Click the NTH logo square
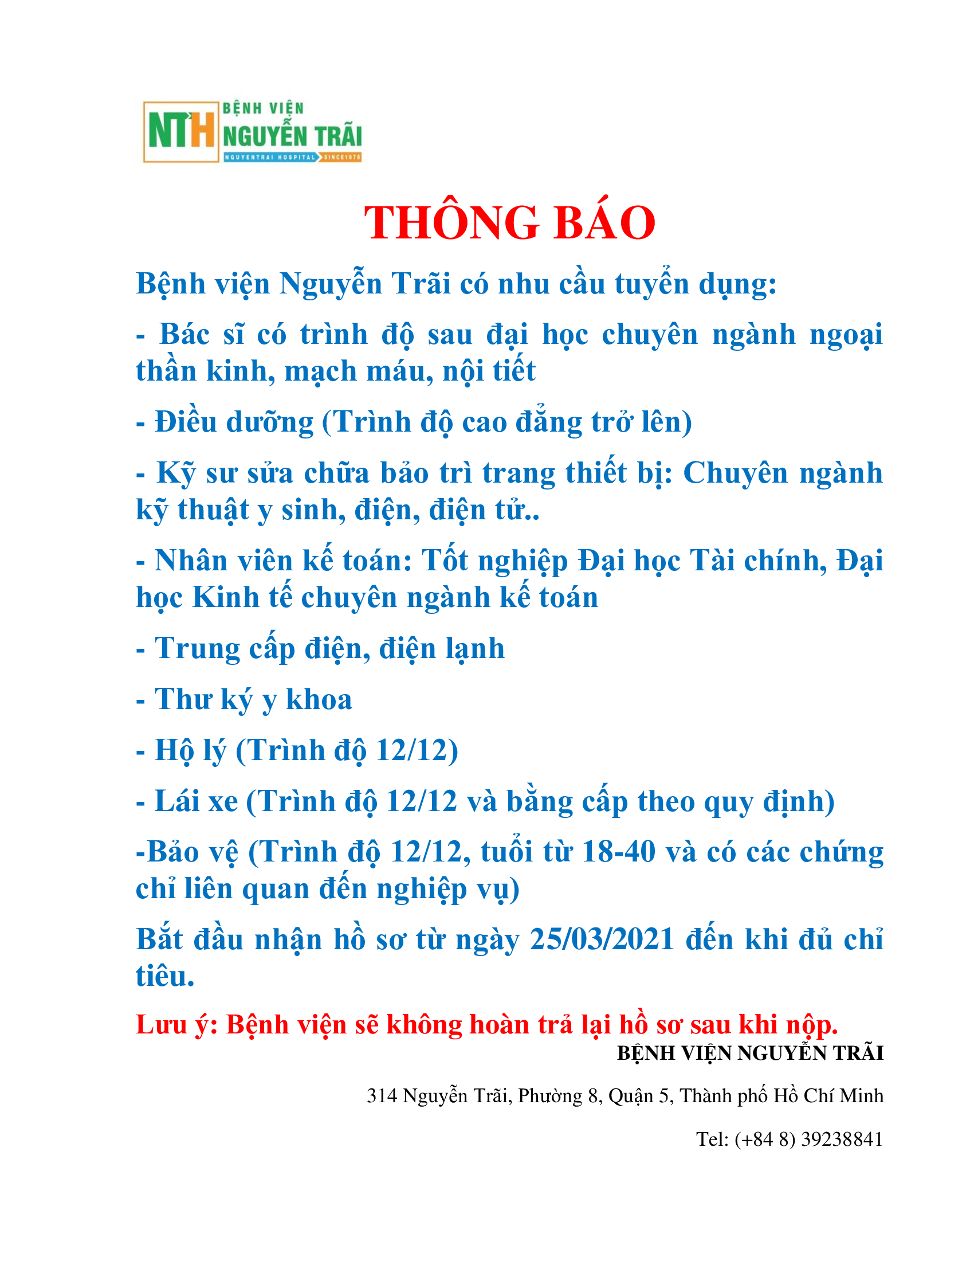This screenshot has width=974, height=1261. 180,132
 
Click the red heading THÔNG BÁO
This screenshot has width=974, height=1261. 509,223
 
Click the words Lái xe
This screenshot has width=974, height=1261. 196,801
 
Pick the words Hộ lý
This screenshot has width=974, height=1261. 190,751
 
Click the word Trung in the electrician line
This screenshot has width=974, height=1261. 197,648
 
